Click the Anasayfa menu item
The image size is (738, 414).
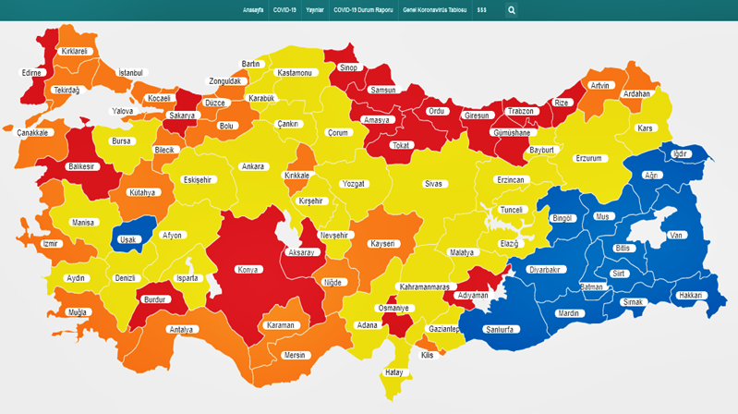point(254,10)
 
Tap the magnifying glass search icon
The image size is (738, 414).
point(512,11)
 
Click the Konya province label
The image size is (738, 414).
point(249,270)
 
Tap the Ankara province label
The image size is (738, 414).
point(252,167)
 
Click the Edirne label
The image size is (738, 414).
point(31,73)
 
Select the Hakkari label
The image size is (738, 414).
point(690,296)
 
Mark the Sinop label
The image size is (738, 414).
point(349,67)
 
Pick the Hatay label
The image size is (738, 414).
point(393,373)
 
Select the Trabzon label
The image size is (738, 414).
point(520,112)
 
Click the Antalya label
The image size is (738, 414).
point(182,329)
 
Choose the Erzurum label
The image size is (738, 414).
point(588,159)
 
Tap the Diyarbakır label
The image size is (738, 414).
point(544,270)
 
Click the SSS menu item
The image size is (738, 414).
point(482,10)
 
